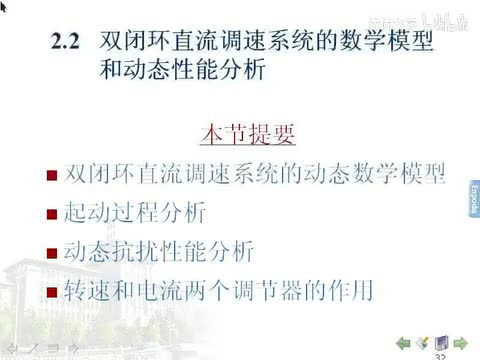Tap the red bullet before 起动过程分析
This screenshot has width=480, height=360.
(51, 214)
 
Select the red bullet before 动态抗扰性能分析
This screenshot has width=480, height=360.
(51, 253)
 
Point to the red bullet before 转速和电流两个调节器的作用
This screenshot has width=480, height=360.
(51, 293)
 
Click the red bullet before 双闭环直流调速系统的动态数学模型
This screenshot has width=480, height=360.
(51, 174)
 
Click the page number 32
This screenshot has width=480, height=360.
(440, 355)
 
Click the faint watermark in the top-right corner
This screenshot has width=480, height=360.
(430, 17)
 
